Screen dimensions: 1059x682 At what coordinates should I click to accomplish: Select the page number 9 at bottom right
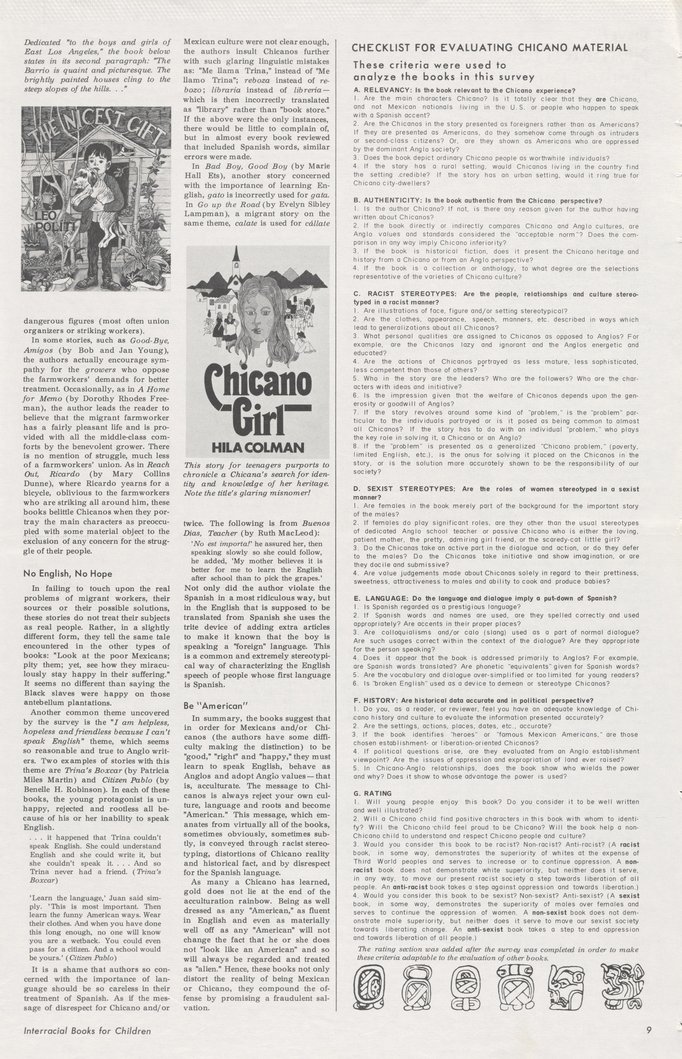tap(648, 1039)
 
